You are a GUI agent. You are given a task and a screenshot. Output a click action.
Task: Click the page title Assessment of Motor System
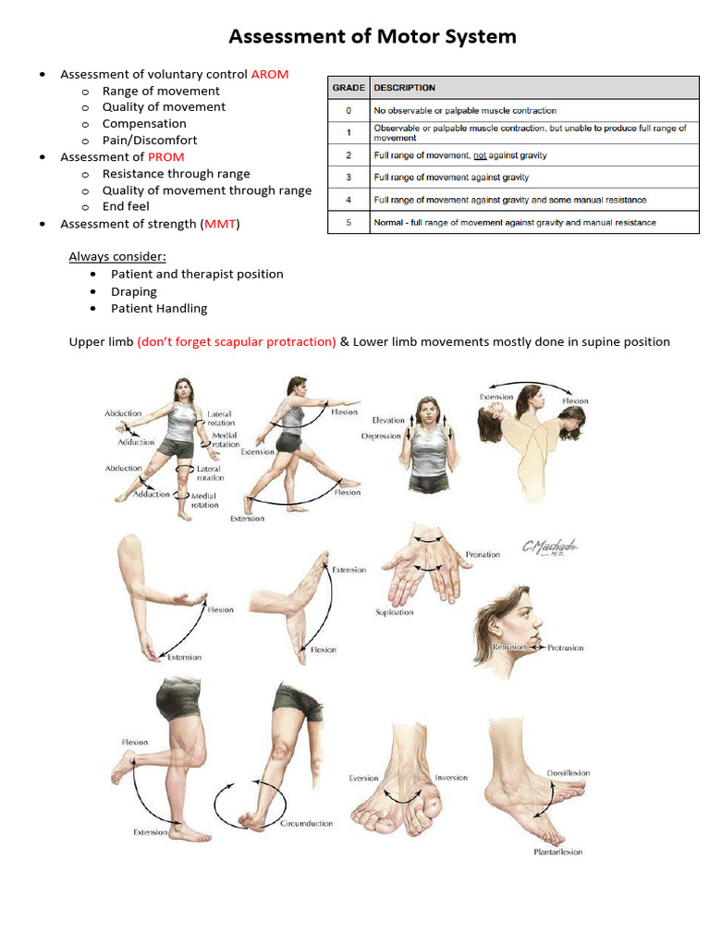(372, 37)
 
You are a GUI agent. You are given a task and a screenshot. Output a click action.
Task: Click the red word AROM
(270, 74)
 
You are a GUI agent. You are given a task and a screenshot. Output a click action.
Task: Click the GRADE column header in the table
(349, 88)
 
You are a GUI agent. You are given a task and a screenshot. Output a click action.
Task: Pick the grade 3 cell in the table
(349, 177)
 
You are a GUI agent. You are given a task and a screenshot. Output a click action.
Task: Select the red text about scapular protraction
(237, 341)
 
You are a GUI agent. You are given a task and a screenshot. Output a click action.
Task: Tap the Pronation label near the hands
(483, 555)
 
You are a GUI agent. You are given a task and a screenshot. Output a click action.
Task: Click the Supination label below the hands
(394, 612)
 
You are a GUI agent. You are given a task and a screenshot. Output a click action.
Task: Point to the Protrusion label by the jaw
(565, 648)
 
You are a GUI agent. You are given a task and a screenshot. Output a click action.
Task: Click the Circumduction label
(306, 823)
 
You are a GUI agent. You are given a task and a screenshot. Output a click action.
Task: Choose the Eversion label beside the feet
(363, 778)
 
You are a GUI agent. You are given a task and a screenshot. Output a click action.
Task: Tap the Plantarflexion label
(557, 852)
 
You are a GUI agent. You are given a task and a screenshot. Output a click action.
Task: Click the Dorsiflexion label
(568, 773)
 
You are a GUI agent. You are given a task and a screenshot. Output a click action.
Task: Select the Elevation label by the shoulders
(387, 420)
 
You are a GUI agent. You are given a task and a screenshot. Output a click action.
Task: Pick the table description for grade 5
(515, 223)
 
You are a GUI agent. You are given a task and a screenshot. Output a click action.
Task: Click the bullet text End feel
(126, 206)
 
